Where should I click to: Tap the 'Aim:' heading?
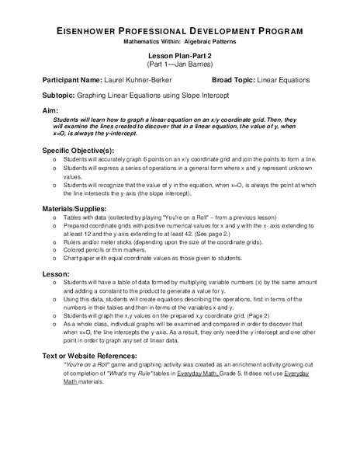coord(50,111)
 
